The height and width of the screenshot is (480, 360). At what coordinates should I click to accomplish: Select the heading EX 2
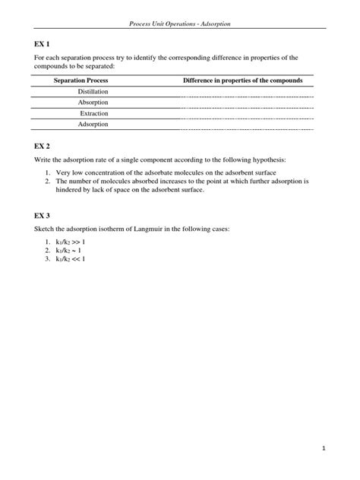[x=43, y=144]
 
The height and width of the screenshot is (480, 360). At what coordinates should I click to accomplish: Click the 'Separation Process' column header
[x=81, y=80]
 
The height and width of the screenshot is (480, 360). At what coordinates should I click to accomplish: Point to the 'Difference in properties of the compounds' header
[x=243, y=80]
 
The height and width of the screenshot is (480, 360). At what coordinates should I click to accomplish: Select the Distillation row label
[x=93, y=91]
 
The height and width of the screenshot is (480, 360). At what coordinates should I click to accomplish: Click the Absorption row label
[x=93, y=102]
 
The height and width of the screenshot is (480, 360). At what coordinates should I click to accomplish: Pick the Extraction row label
[x=93, y=112]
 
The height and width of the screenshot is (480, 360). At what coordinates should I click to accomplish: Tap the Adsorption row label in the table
[x=93, y=123]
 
